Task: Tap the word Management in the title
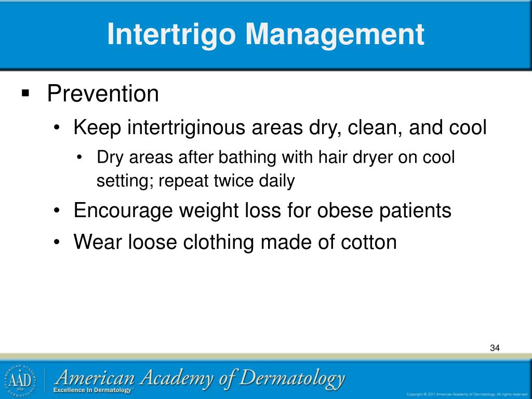point(335,34)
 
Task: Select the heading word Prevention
point(103,94)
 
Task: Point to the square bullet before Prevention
point(25,94)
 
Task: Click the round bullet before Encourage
point(59,211)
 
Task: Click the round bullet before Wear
point(59,242)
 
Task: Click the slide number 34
point(495,348)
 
